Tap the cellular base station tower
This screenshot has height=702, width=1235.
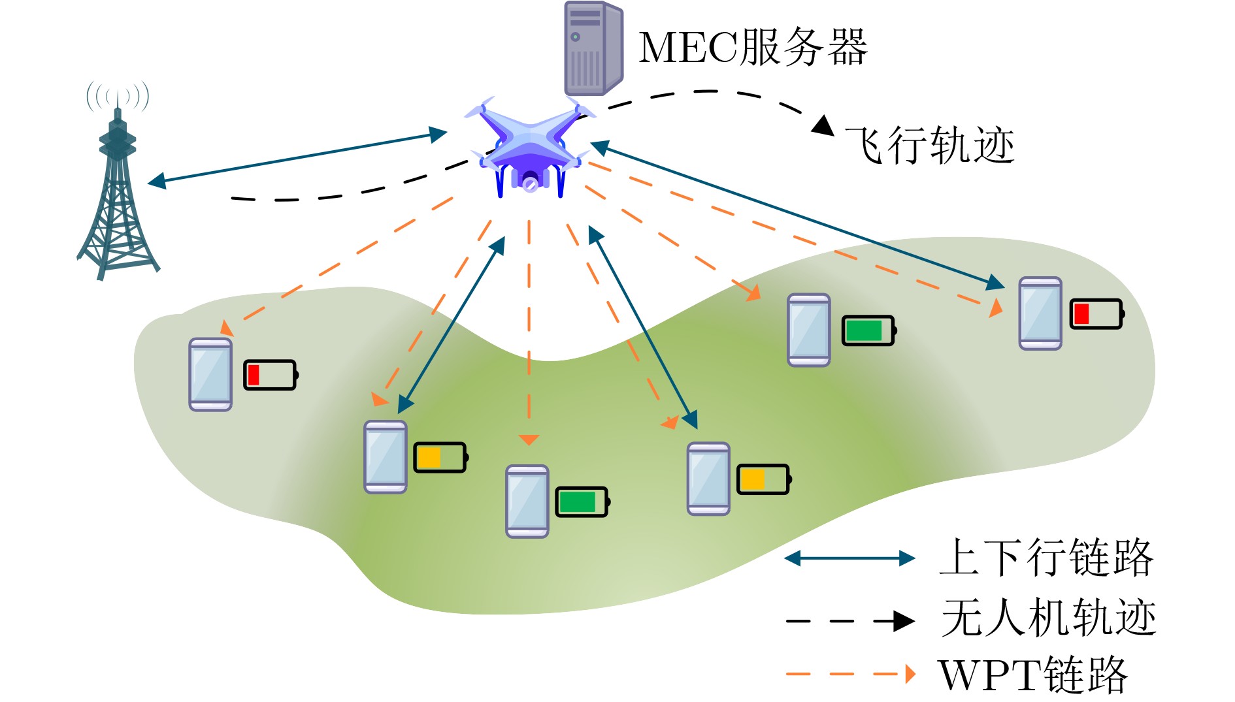point(118,196)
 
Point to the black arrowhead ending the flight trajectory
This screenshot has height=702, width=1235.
point(823,125)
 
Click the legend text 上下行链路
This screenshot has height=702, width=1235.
point(1046,558)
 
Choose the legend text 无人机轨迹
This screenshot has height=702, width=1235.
point(1048,618)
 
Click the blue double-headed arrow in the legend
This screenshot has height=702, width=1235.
point(849,558)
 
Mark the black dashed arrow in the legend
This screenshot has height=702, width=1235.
point(849,621)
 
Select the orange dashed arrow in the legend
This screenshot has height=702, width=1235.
point(849,674)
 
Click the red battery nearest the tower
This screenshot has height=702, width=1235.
point(270,375)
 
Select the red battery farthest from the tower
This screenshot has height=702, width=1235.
point(1096,314)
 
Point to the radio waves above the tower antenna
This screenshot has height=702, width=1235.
point(118,96)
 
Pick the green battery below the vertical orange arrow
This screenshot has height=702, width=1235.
point(582,502)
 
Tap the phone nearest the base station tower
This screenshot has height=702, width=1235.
point(210,375)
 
